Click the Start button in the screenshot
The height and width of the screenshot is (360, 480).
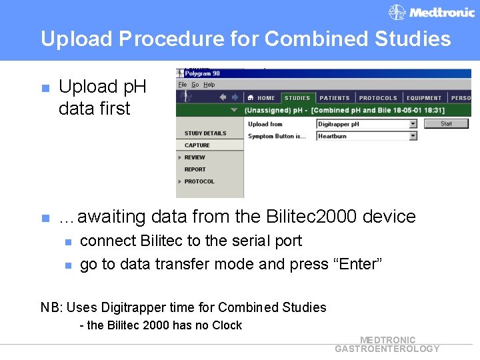coord(446,123)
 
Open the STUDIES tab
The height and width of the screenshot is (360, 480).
coord(297,98)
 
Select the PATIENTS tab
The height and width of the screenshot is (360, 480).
coord(335,98)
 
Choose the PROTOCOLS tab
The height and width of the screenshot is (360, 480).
coord(377,98)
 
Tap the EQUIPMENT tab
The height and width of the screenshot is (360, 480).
coord(424,98)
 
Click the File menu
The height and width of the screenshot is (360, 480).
coord(182,85)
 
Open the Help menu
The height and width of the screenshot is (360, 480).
coord(209,85)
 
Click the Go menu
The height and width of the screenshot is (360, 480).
coord(195,85)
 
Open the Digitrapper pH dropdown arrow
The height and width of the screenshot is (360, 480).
coord(413,124)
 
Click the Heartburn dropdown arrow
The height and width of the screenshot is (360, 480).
coord(413,136)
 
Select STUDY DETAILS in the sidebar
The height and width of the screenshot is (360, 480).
coord(205,133)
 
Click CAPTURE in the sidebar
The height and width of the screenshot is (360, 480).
coord(197,145)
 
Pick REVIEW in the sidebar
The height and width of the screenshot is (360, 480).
coord(195,157)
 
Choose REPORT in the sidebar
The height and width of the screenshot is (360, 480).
coord(195,169)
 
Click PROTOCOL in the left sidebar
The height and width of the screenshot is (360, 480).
coord(199,181)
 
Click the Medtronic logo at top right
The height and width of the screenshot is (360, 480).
coord(432,12)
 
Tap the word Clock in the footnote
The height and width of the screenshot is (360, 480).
coord(227,325)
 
